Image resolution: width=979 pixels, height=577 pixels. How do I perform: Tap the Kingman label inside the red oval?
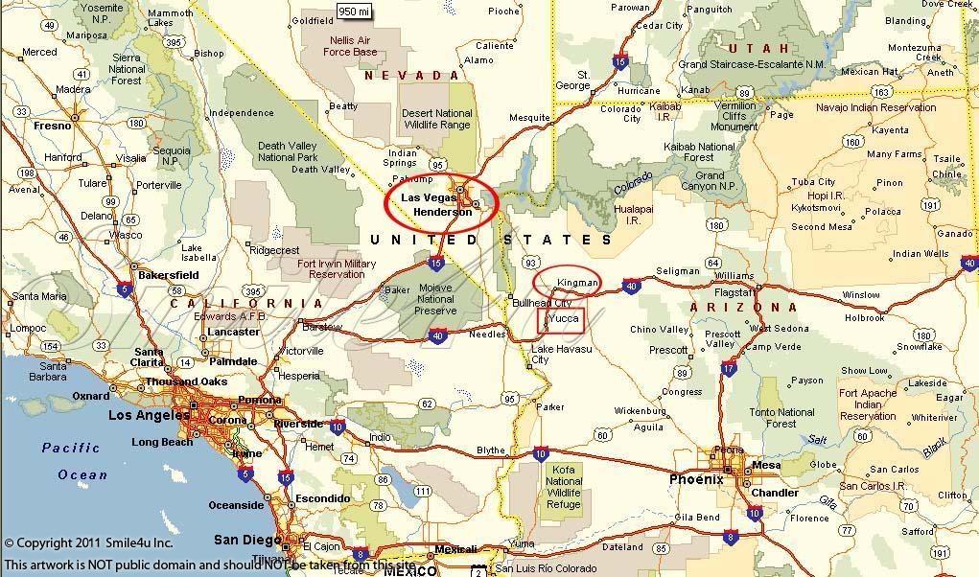[577, 283]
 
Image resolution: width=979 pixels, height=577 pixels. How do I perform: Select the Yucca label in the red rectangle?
[560, 318]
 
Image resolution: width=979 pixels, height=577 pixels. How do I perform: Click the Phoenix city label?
[696, 479]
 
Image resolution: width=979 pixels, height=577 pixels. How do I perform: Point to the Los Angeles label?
[149, 415]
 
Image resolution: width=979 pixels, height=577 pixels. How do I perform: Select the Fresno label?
[53, 125]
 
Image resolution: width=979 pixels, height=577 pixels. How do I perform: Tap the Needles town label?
[486, 335]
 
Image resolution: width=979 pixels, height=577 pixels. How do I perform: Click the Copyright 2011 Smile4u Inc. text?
[88, 543]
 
